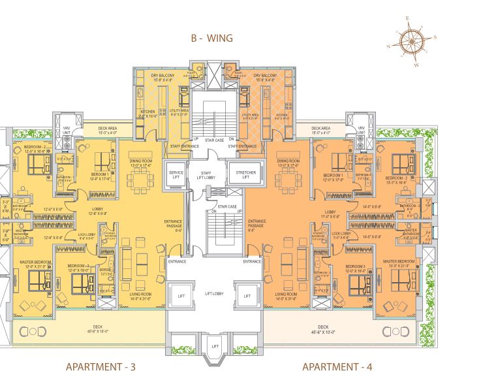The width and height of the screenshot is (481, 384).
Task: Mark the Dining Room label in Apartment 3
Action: click(140, 163)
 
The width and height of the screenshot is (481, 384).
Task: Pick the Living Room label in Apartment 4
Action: click(287, 296)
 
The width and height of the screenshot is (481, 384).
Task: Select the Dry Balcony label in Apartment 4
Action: click(264, 78)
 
